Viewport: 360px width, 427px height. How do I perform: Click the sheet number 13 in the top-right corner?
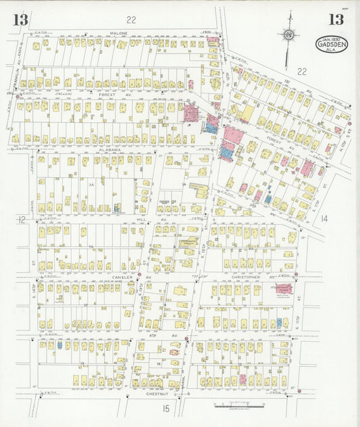tap(335, 20)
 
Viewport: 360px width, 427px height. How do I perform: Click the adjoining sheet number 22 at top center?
tap(131, 20)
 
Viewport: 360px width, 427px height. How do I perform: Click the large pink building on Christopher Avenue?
tap(284, 289)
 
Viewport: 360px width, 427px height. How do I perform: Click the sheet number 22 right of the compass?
tap(301, 70)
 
